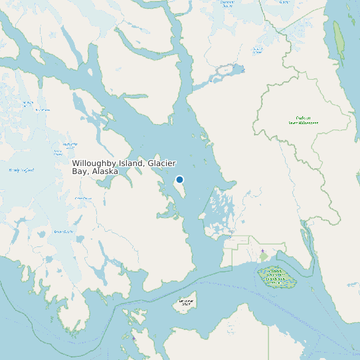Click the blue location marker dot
[179, 179]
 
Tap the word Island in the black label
[133, 163]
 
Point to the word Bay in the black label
[79, 171]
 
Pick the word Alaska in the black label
[105, 171]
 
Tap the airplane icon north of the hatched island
[262, 251]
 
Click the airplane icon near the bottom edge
[134, 338]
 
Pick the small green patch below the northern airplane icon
[263, 258]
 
